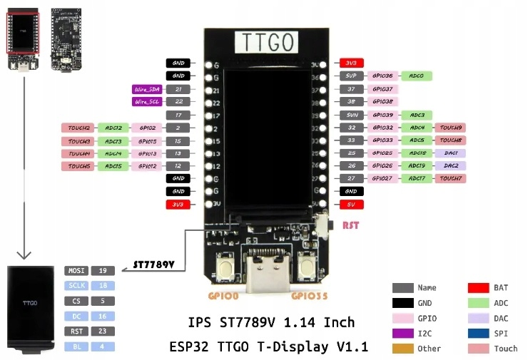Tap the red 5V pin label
click(x=351, y=204)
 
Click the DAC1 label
click(x=450, y=153)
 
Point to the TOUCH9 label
click(x=450, y=128)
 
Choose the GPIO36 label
click(x=382, y=76)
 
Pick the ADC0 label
click(x=417, y=76)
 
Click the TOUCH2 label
click(x=79, y=128)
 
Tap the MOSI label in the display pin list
click(x=76, y=271)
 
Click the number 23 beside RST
click(x=102, y=331)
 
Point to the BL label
click(x=76, y=346)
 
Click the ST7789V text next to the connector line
click(x=153, y=265)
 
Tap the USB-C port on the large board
click(x=267, y=274)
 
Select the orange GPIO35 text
click(x=310, y=294)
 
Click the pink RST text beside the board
click(x=351, y=226)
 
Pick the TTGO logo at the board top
click(x=265, y=43)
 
